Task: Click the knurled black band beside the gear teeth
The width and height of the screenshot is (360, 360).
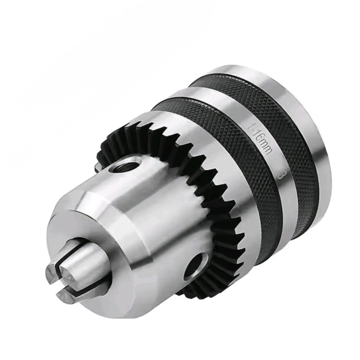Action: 216,135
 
